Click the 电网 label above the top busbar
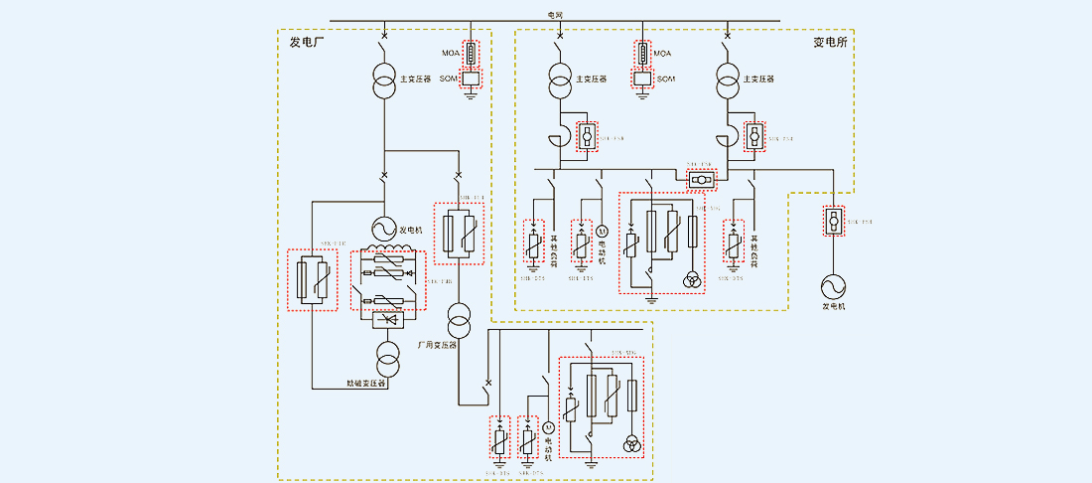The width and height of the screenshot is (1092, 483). click(x=555, y=14)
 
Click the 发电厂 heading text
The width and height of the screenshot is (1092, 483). click(x=308, y=42)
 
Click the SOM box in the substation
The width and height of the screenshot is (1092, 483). click(x=642, y=78)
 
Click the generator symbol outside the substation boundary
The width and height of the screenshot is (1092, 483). click(x=833, y=286)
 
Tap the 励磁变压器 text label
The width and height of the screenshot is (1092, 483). click(x=366, y=382)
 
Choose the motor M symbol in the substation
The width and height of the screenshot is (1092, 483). click(x=601, y=232)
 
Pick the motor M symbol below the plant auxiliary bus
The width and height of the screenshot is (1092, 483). click(x=546, y=427)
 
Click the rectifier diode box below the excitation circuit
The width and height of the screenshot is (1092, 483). click(x=386, y=321)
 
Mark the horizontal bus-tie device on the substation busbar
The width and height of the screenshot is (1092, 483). click(x=700, y=180)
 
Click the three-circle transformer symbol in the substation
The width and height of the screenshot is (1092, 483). click(x=691, y=280)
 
